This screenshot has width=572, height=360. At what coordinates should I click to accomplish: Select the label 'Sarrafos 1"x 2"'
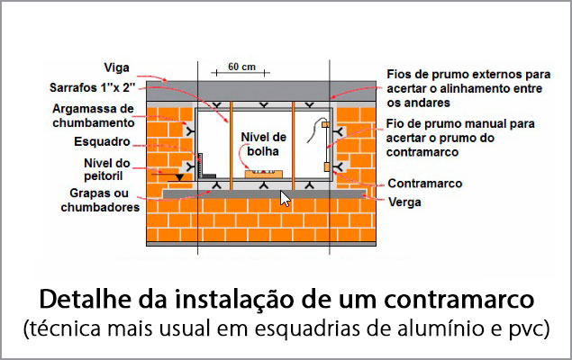92,88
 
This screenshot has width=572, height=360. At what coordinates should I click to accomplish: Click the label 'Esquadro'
103,142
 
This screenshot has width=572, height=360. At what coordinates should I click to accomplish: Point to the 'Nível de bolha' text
263,144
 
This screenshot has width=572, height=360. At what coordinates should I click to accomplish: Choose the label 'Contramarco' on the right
424,184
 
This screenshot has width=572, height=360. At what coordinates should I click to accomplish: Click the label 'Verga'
404,202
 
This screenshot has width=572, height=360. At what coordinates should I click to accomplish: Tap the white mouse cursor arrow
286,198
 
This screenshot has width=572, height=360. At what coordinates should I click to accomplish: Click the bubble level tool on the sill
264,171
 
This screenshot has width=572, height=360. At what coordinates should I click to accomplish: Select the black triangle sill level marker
181,176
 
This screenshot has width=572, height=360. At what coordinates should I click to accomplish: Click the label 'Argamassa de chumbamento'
93,115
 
